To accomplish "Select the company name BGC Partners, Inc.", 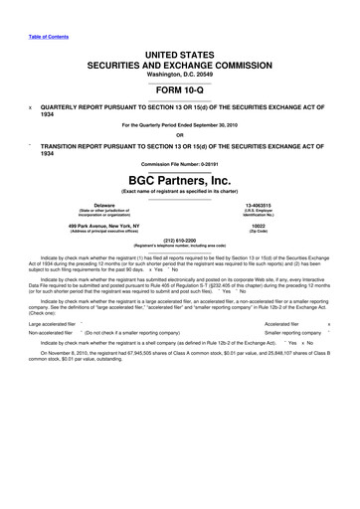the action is [179, 181].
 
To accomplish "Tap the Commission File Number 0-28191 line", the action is [179, 164].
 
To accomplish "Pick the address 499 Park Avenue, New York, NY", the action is [96, 226].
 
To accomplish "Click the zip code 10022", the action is [272, 226].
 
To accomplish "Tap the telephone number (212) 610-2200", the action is [179, 239].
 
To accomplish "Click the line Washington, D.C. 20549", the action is [179, 68].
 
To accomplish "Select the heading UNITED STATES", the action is [179, 48].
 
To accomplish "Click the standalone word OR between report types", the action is [179, 136].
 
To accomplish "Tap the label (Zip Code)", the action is [272, 231].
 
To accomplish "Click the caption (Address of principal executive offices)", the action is [96, 231].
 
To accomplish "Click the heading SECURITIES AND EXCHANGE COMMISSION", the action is [179, 58].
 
